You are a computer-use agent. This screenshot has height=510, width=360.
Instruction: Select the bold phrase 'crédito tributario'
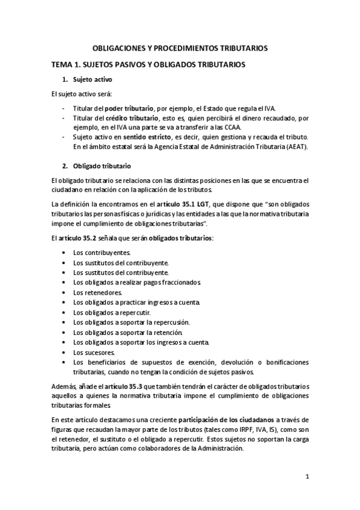(132, 118)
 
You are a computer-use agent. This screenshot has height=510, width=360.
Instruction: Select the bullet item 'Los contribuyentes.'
(102, 253)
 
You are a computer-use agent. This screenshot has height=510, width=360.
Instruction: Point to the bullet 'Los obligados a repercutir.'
(112, 313)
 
